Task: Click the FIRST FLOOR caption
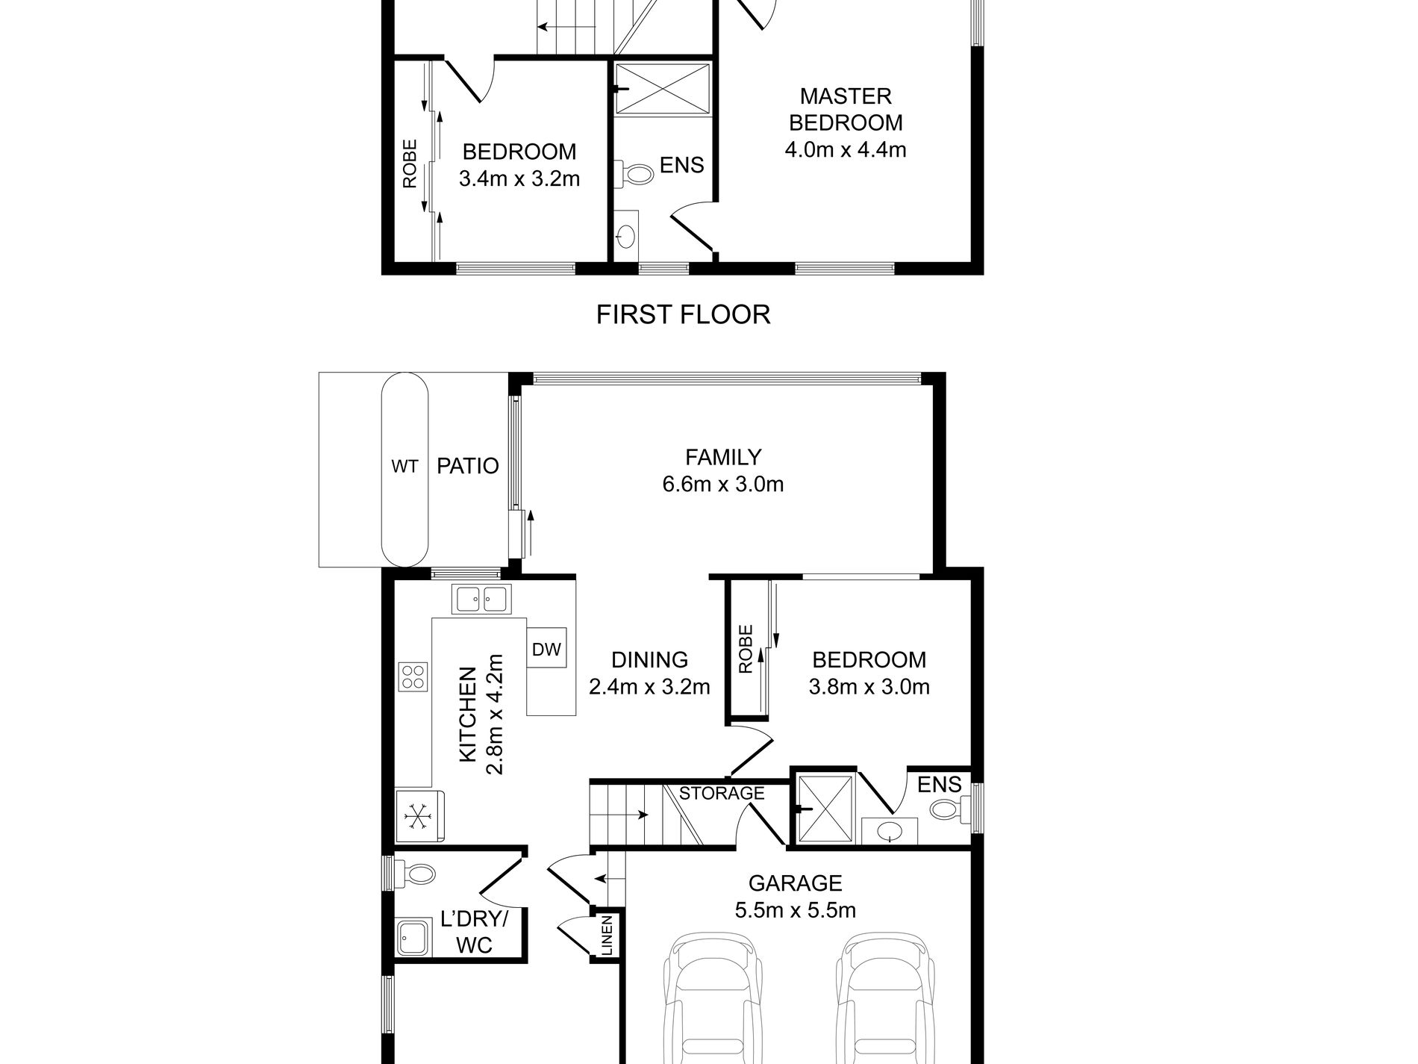pyautogui.click(x=683, y=314)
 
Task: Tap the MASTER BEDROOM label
pyautogui.click(x=846, y=109)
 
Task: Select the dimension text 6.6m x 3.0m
pyautogui.click(x=722, y=485)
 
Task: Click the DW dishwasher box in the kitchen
pyautogui.click(x=546, y=650)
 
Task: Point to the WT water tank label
pyautogui.click(x=405, y=467)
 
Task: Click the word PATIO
pyautogui.click(x=468, y=466)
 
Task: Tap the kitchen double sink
pyautogui.click(x=481, y=599)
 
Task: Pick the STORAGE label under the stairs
pyautogui.click(x=722, y=793)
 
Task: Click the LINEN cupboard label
pyautogui.click(x=606, y=936)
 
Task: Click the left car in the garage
pyautogui.click(x=713, y=997)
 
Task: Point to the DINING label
pyautogui.click(x=649, y=660)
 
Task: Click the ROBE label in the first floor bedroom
pyautogui.click(x=410, y=164)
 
